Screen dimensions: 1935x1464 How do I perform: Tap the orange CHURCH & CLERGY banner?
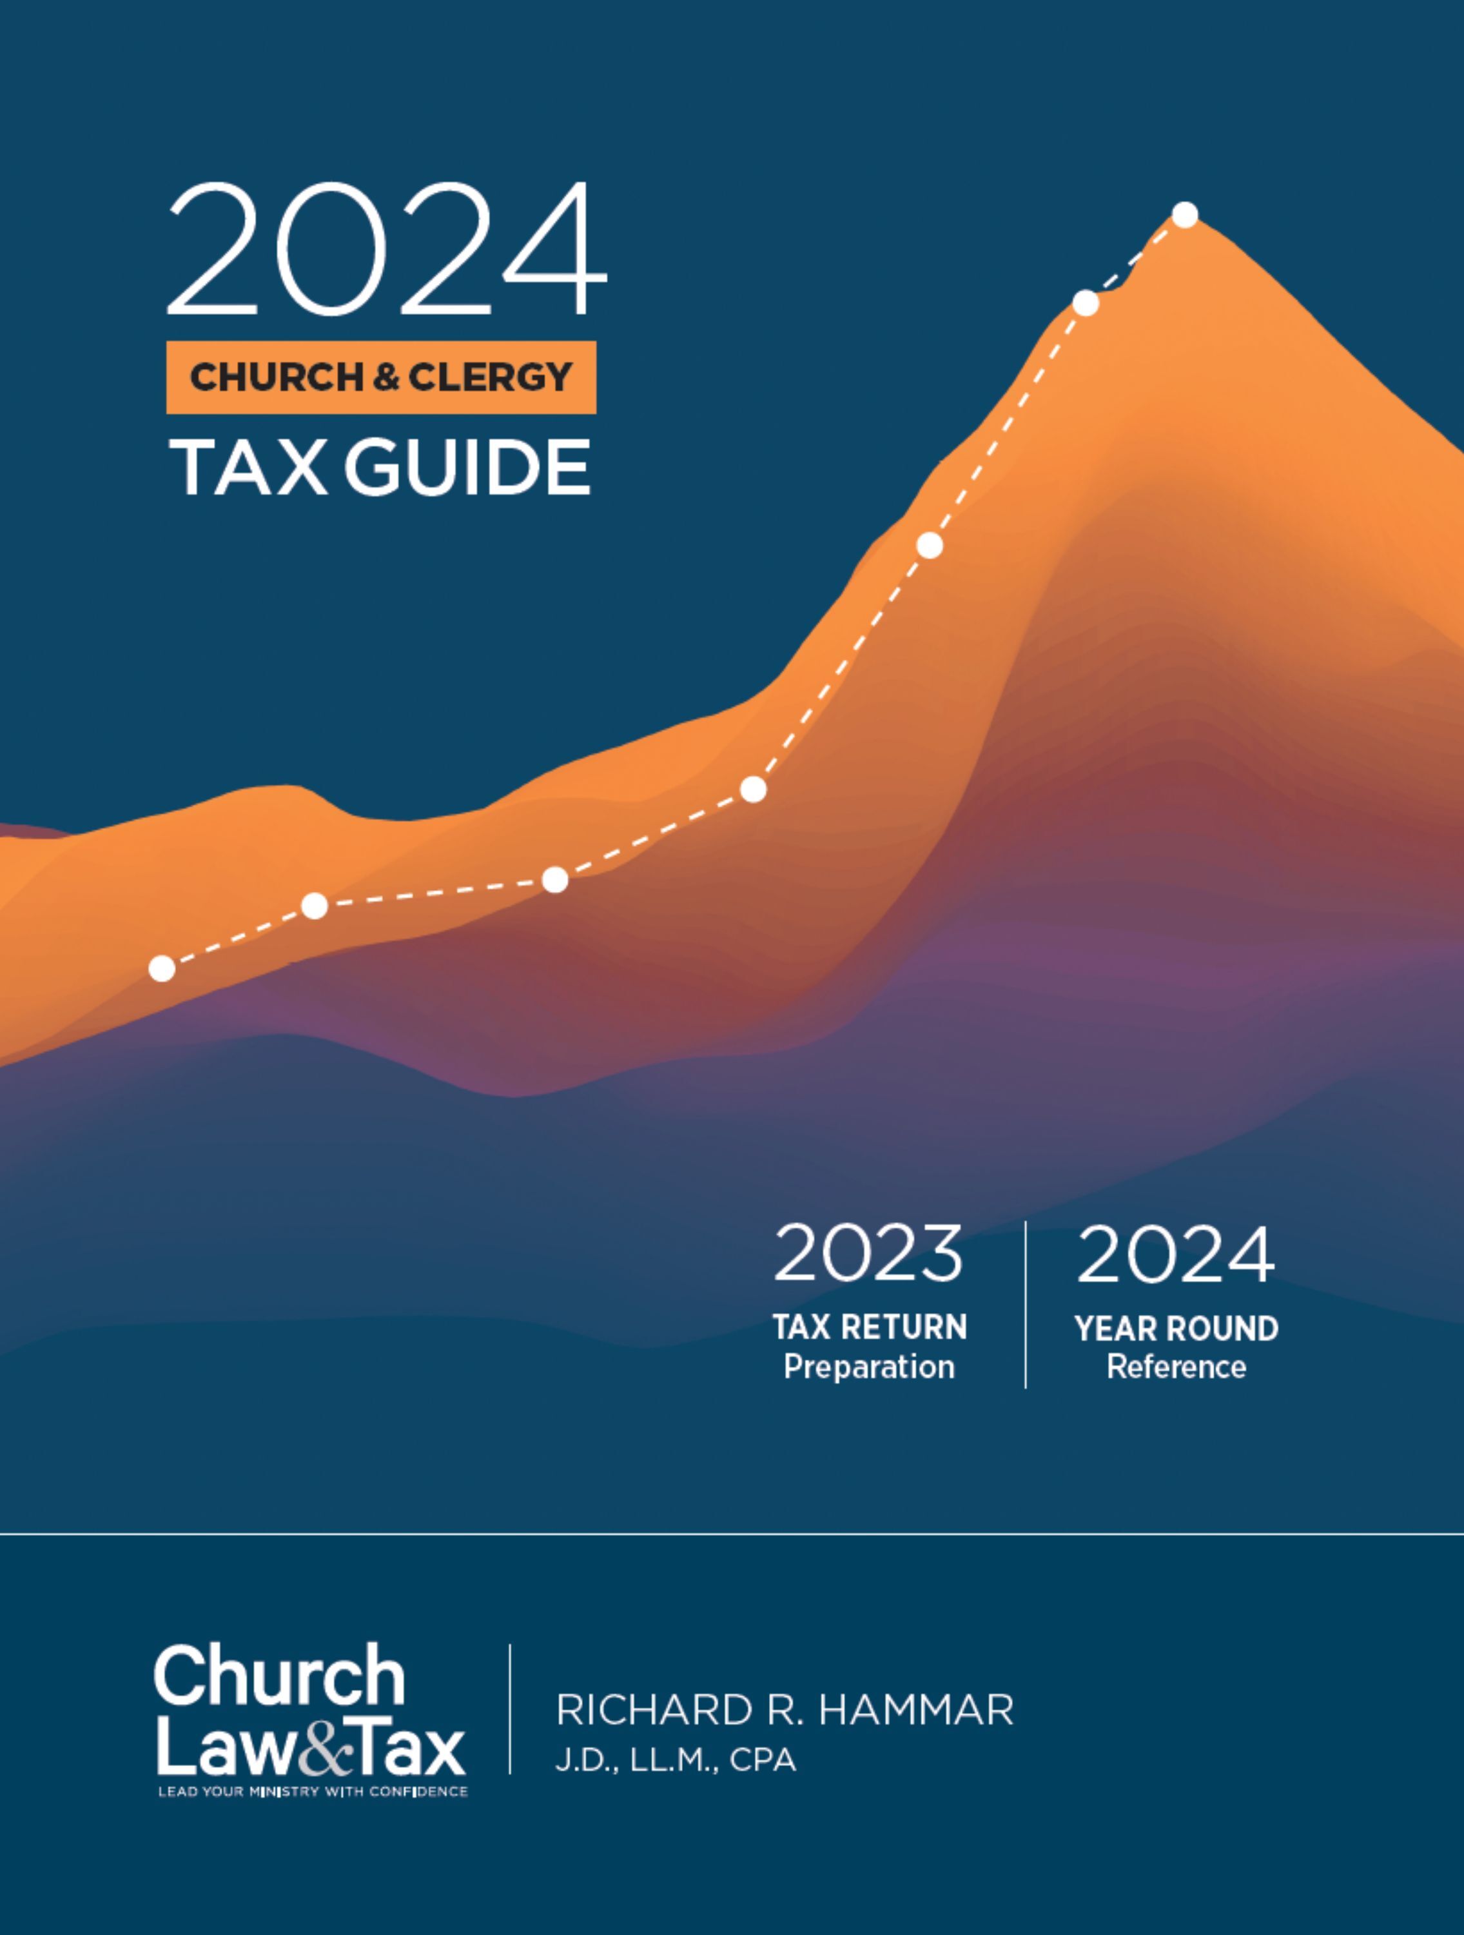point(381,377)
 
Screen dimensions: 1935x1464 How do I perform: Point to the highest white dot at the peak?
point(1185,214)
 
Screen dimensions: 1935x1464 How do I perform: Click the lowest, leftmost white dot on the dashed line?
point(162,968)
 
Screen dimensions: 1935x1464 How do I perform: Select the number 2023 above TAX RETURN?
point(868,1253)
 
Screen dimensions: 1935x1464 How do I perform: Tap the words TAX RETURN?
point(869,1327)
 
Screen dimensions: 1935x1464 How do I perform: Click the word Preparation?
point(869,1366)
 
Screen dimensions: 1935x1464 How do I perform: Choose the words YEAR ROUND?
point(1176,1328)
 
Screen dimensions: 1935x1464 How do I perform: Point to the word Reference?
point(1176,1366)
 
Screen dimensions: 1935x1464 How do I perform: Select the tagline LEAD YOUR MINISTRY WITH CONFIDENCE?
point(313,1792)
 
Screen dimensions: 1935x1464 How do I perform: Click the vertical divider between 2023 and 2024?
point(1025,1304)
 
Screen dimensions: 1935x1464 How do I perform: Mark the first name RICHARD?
point(652,1710)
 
